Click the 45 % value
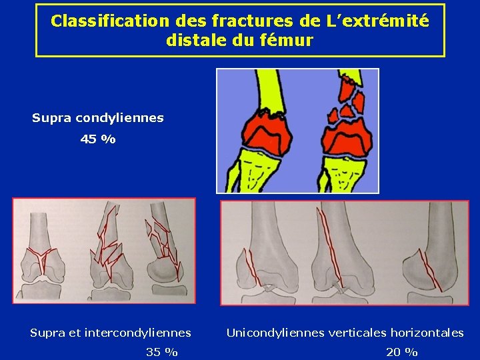(x=97, y=139)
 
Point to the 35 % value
(x=162, y=352)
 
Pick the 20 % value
(x=402, y=352)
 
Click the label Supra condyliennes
(x=98, y=118)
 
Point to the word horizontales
(x=427, y=332)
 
